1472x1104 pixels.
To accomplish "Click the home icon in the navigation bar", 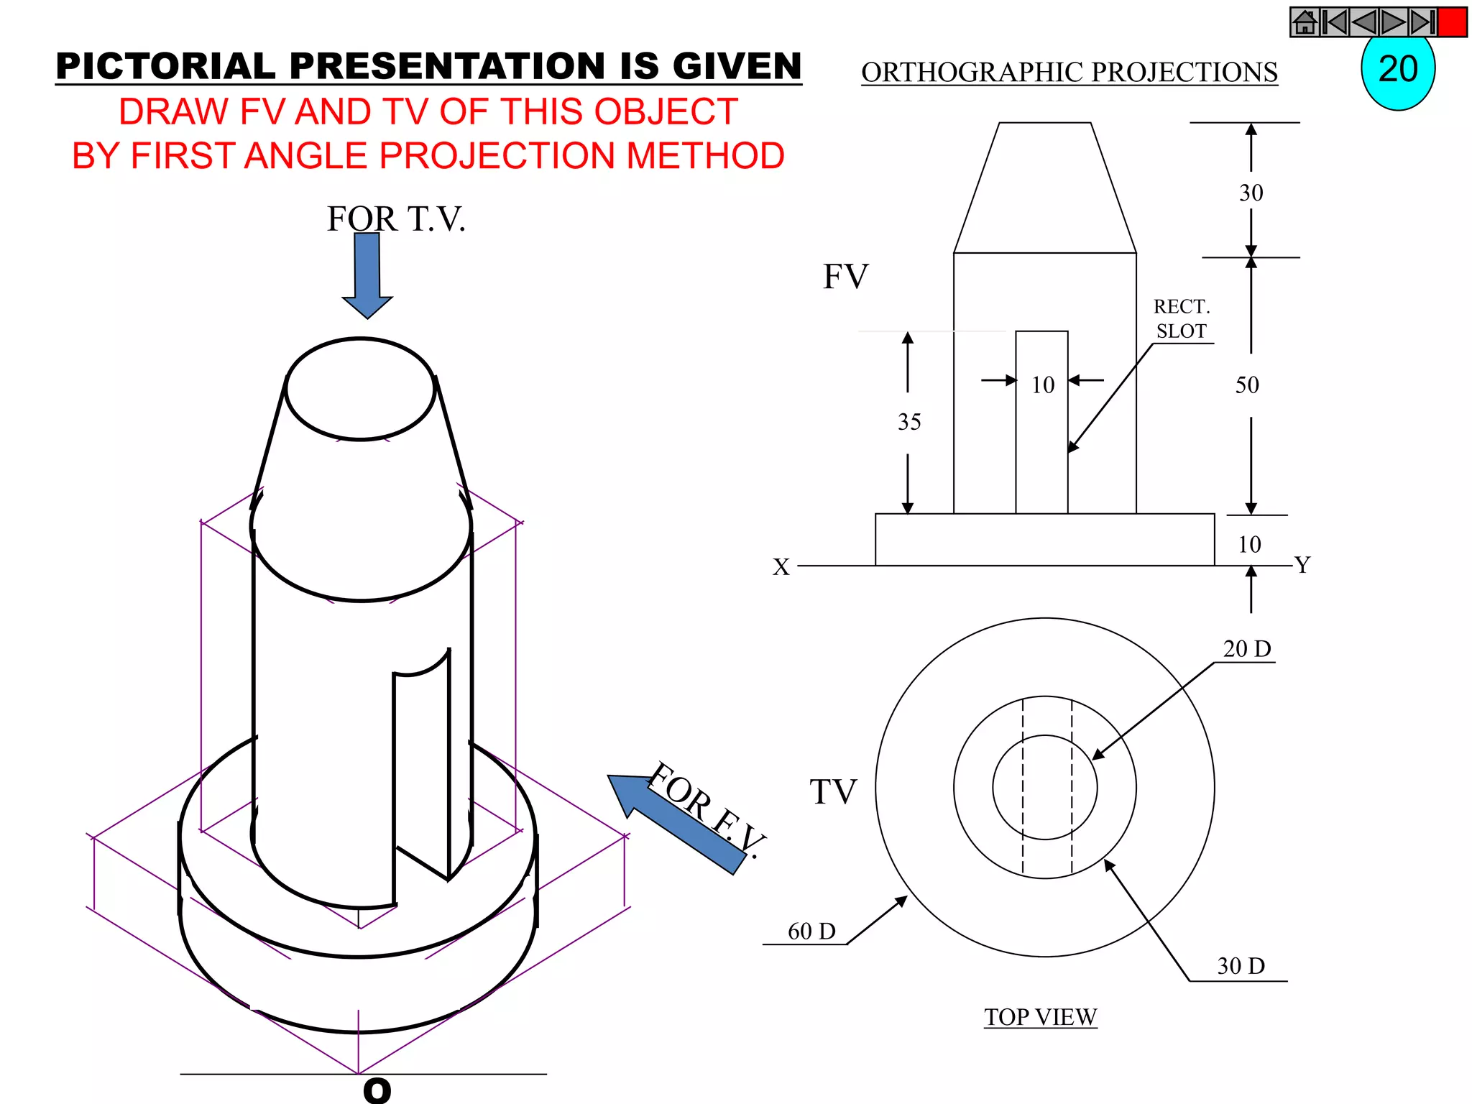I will (x=1305, y=22).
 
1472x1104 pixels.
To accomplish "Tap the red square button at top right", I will (x=1452, y=22).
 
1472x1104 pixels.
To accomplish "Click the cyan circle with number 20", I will (x=1398, y=71).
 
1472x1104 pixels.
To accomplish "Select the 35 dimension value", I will (x=909, y=422).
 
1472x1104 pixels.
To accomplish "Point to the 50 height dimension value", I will (x=1248, y=385).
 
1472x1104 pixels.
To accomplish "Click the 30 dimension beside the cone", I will (x=1251, y=193).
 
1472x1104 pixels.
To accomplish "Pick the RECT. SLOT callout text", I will (x=1182, y=318).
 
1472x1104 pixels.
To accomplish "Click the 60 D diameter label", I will (x=811, y=931).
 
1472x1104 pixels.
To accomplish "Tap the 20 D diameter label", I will (x=1247, y=649).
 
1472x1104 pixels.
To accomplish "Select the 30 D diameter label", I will (x=1241, y=966).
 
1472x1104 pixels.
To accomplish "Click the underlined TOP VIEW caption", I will (x=1040, y=1017).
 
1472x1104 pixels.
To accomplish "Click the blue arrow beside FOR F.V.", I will (x=676, y=823).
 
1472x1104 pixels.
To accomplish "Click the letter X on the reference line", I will (x=781, y=567).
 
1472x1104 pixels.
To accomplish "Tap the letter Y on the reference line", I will (x=1302, y=565).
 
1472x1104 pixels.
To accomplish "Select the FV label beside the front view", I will (x=845, y=277).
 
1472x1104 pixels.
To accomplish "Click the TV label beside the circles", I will (x=834, y=792).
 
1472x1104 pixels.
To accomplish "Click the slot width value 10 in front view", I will (x=1043, y=385).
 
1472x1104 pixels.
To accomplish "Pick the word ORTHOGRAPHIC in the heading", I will (x=971, y=73).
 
